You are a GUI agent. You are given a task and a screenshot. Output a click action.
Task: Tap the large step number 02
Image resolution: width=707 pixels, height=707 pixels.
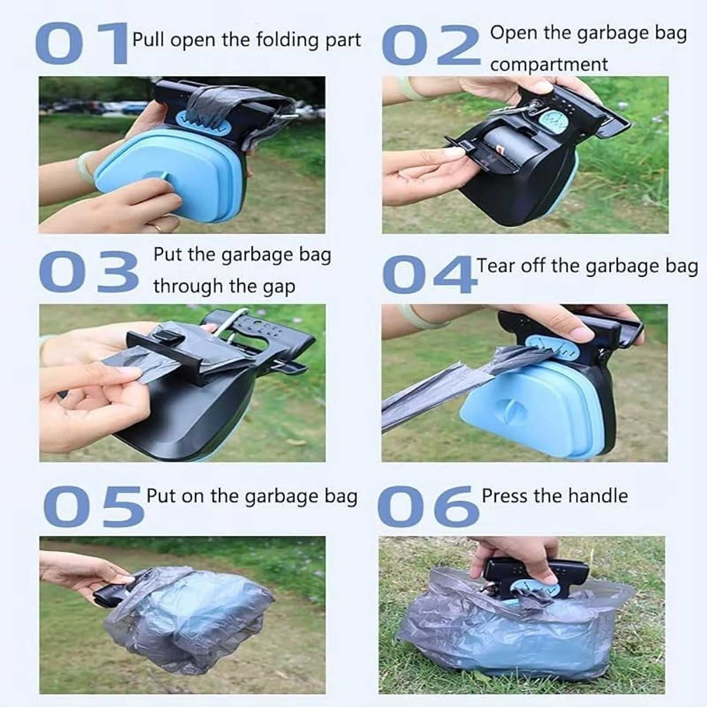pyautogui.click(x=431, y=46)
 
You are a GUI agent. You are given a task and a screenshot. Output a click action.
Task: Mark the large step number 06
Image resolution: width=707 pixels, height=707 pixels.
pyautogui.click(x=427, y=506)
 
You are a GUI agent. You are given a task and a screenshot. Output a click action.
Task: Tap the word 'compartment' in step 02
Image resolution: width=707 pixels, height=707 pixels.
pyautogui.click(x=548, y=65)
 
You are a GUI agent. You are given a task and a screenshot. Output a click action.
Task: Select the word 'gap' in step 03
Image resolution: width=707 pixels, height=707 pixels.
pyautogui.click(x=279, y=287)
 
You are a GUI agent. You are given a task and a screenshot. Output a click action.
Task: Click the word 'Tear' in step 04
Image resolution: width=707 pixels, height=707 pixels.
pyautogui.click(x=496, y=266)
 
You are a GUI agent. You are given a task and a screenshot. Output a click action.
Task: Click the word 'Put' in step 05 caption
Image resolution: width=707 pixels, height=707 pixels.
pyautogui.click(x=162, y=496)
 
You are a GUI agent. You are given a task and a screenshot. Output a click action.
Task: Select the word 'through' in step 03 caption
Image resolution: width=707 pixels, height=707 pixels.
pyautogui.click(x=188, y=287)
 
